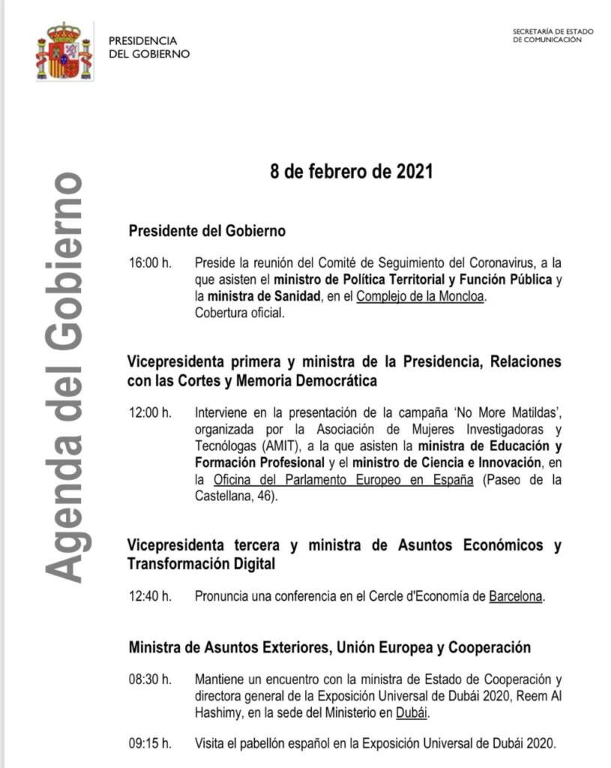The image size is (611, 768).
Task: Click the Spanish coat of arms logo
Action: [x=63, y=51]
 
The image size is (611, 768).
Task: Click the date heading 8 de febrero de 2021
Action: [x=351, y=172]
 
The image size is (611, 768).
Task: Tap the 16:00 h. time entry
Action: [x=151, y=263]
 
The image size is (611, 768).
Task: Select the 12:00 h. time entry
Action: [x=151, y=414]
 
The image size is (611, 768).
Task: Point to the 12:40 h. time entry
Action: [x=151, y=597]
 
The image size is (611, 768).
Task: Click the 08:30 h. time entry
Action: [x=151, y=680]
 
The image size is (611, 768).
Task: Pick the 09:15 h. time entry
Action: [x=151, y=744]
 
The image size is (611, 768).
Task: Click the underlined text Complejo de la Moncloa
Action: [x=421, y=296]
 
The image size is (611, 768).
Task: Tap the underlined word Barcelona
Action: [x=515, y=597]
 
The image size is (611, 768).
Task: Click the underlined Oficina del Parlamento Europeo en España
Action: [x=343, y=480]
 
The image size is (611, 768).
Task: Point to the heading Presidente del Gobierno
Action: [x=207, y=231]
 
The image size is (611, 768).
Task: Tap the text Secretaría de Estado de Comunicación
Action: [x=553, y=36]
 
